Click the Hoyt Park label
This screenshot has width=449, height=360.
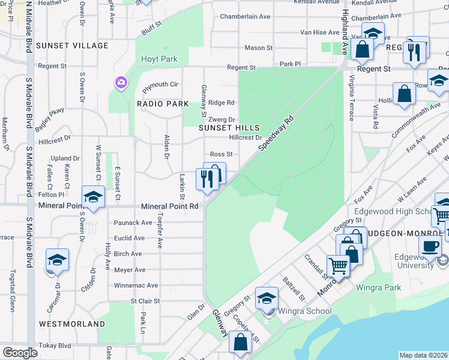[x=159, y=59]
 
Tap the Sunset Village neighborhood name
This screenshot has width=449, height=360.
[x=72, y=46]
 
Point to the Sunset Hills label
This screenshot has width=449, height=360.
[x=229, y=128]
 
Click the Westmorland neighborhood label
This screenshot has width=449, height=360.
[x=72, y=323]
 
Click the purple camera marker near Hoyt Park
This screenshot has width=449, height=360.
[x=121, y=82]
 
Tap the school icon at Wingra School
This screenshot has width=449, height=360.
[x=267, y=298]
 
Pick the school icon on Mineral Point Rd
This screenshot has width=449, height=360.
[x=93, y=197]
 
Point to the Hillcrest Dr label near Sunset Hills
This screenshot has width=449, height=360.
[x=246, y=137]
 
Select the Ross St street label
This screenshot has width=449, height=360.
[x=220, y=154]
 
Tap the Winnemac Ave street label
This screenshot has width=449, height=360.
[x=136, y=286]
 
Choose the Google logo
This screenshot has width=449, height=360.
[x=20, y=353]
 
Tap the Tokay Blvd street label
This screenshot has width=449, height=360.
[x=55, y=346]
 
